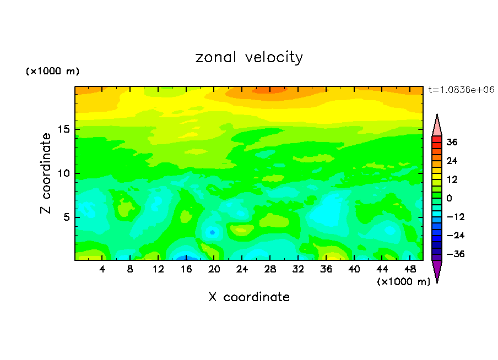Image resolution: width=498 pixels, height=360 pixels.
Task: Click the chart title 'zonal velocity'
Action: [249, 57]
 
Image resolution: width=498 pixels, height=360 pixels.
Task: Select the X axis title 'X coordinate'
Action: [249, 297]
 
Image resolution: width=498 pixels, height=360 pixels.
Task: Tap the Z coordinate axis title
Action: [46, 173]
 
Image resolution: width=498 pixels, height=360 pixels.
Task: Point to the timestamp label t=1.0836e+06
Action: [461, 89]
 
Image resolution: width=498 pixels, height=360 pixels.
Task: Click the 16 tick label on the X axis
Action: [186, 270]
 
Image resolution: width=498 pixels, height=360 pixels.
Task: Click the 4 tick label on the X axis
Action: [102, 270]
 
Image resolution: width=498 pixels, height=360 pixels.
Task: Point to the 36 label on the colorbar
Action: [452, 142]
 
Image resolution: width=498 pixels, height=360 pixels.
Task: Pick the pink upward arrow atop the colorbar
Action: [437, 125]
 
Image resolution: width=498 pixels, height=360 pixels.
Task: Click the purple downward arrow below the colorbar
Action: [437, 270]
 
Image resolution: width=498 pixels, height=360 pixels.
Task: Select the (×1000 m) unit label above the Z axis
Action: [53, 72]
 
